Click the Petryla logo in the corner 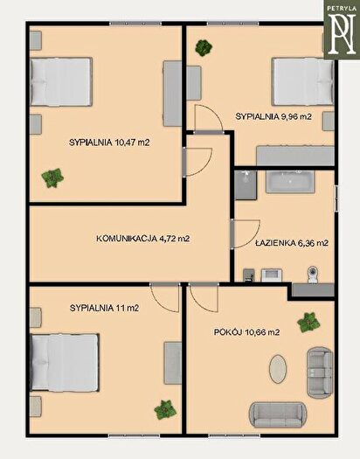pos(342,30)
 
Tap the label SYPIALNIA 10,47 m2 pos(109,143)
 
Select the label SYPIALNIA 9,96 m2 pos(273,116)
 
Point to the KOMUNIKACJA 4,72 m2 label pos(143,239)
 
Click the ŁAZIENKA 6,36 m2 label pos(292,243)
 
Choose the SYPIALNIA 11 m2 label pos(104,308)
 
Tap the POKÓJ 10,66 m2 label pos(246,332)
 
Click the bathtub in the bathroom pos(290,182)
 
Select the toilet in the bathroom pos(313,275)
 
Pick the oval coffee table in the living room pos(278,369)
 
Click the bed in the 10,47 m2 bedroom pos(61,81)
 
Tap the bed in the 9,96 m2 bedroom pos(303,81)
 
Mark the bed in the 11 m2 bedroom pos(65,363)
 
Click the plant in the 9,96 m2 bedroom pos(204,48)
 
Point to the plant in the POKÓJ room pos(308,323)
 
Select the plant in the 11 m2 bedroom pos(165,409)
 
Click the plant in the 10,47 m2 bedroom pos(52,177)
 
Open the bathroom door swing pos(245,234)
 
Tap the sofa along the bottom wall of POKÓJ pos(278,415)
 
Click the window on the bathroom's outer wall pos(336,198)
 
